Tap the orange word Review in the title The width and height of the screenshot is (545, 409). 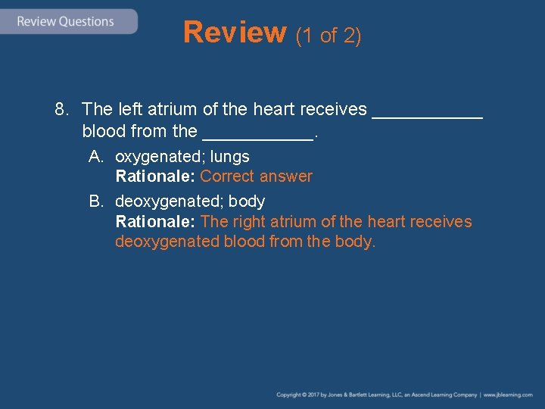(235, 33)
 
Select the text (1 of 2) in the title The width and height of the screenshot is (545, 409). (328, 35)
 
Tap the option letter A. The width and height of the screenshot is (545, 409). (95, 157)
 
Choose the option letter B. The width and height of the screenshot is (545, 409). (95, 201)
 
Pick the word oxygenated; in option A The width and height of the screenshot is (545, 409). (160, 157)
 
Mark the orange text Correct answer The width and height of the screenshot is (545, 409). (256, 176)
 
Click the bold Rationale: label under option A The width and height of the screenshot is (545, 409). (155, 176)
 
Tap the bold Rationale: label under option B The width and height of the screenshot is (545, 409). (155, 222)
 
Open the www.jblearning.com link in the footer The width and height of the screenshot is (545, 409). (508, 395)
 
